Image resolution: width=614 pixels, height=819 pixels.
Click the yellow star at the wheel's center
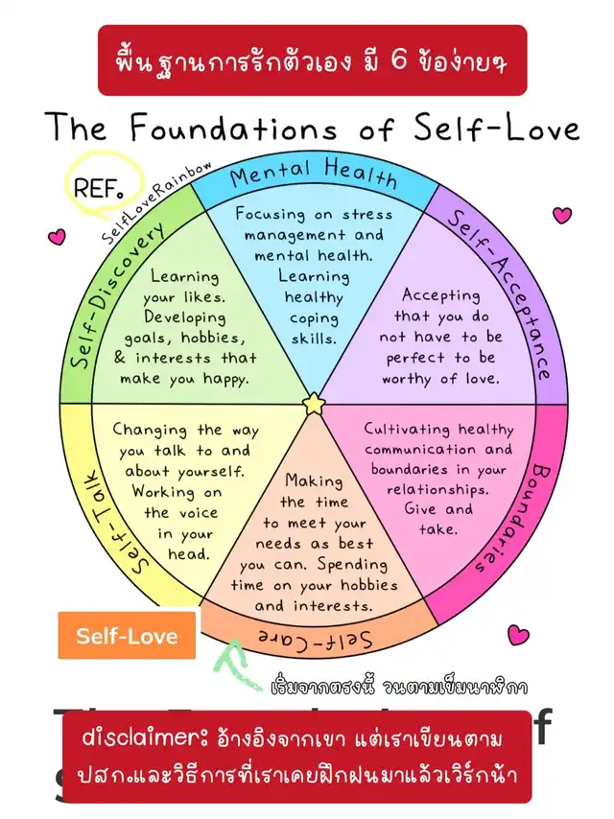pos(314,405)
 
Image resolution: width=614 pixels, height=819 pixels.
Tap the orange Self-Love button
pos(127,636)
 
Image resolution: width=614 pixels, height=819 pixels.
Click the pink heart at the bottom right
pos(518,634)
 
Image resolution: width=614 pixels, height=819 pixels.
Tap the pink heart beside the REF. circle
pos(57,234)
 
